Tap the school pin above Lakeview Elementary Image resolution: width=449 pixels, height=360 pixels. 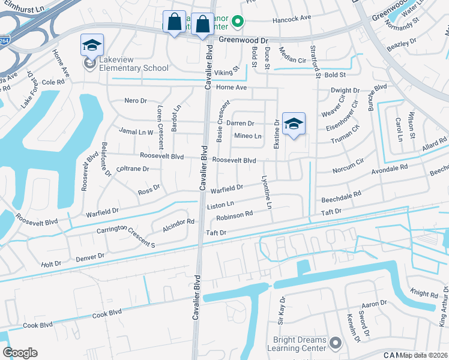click(x=92, y=46)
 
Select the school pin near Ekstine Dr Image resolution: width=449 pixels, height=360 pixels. click(x=294, y=124)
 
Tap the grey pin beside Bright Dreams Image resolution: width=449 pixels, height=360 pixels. click(x=335, y=344)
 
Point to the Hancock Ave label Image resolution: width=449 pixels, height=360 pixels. click(x=292, y=19)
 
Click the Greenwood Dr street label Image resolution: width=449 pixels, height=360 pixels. click(x=241, y=40)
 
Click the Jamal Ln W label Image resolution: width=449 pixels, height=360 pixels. click(x=137, y=130)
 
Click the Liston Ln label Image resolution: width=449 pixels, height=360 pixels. click(x=220, y=205)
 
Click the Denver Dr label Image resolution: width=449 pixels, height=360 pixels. click(x=90, y=256)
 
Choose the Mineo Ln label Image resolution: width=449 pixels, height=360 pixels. click(x=247, y=136)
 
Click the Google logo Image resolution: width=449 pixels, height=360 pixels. click(x=20, y=352)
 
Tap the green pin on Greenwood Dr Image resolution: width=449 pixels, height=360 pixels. click(x=237, y=23)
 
